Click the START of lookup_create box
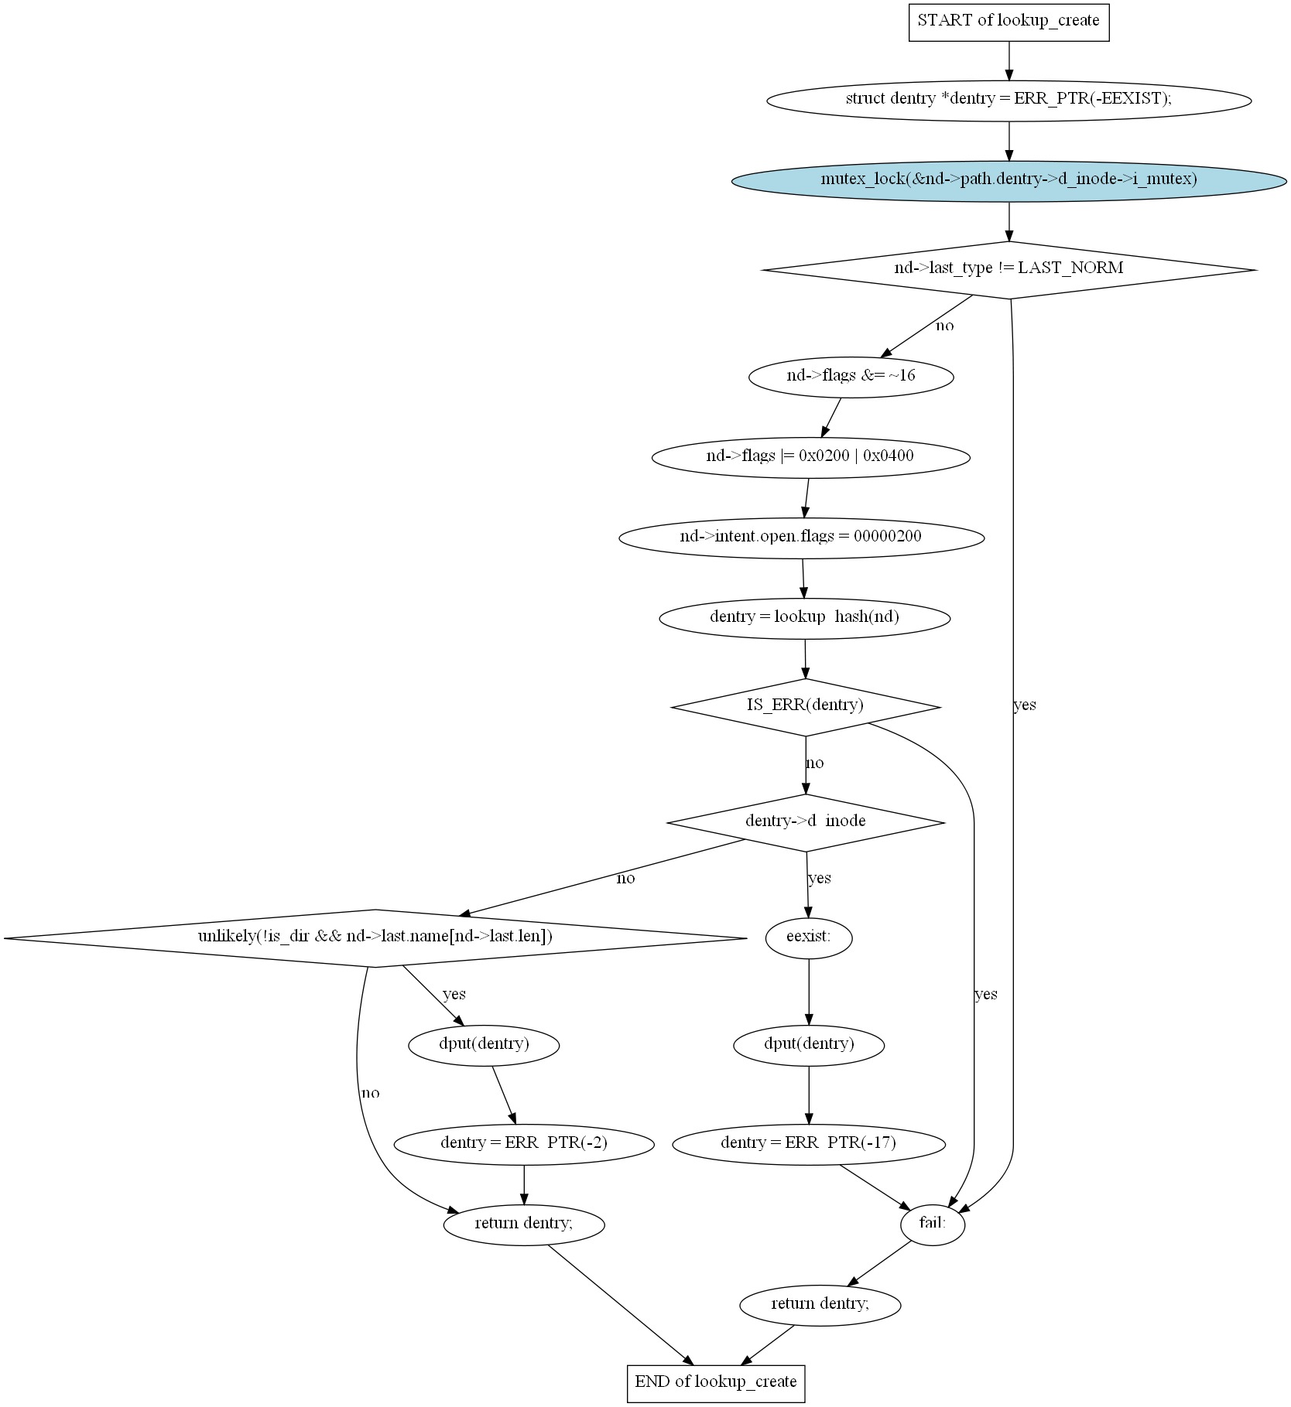pyautogui.click(x=1008, y=21)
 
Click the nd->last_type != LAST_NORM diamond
pyautogui.click(x=1008, y=269)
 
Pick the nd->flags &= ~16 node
pyautogui.click(x=851, y=377)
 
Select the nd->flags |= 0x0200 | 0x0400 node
pyautogui.click(x=810, y=457)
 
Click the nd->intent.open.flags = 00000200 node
pyautogui.click(x=801, y=538)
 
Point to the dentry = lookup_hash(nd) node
pyautogui.click(x=805, y=618)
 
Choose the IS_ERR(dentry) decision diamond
pyautogui.click(x=806, y=707)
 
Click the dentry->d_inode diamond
pyautogui.click(x=806, y=823)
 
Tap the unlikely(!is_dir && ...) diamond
pyautogui.click(x=375, y=938)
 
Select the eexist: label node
pyautogui.click(x=809, y=938)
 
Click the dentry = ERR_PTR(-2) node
pyautogui.click(x=524, y=1144)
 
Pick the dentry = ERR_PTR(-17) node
pyautogui.click(x=809, y=1144)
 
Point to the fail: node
pyautogui.click(x=933, y=1224)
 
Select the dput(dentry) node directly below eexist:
pyautogui.click(x=809, y=1045)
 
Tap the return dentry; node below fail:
pyautogui.click(x=820, y=1305)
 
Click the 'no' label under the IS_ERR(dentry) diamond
pyautogui.click(x=815, y=763)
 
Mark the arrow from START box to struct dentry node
pyautogui.click(x=1008, y=61)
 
